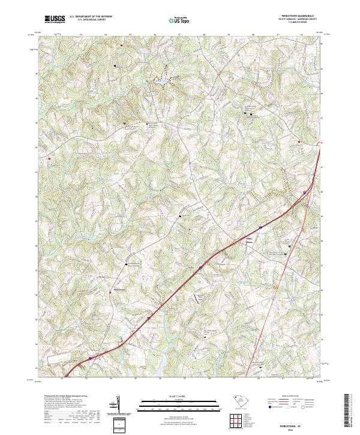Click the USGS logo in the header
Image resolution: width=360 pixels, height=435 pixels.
coord(55,19)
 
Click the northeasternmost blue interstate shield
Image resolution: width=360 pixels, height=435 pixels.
coord(304,193)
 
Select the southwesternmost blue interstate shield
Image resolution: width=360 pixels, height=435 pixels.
coord(91,359)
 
